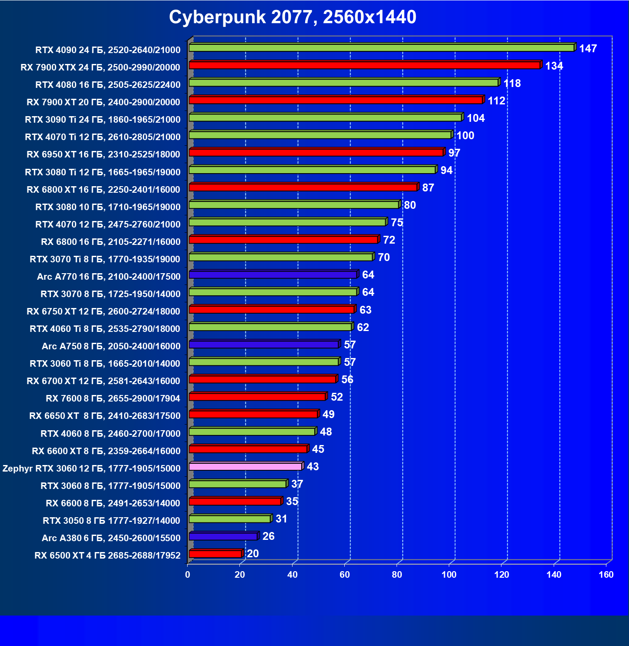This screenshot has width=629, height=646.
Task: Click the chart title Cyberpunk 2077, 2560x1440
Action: pos(293,17)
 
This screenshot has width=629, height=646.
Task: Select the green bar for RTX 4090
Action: pos(381,48)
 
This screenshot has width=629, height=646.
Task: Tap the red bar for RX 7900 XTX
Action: pos(364,65)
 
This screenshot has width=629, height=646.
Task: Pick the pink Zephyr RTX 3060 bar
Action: pos(246,467)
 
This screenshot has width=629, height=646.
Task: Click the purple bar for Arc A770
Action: pos(273,275)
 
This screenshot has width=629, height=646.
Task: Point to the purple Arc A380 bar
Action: pos(223,536)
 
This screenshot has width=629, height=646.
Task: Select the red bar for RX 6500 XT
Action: pos(215,554)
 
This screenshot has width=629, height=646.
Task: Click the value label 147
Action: pos(588,49)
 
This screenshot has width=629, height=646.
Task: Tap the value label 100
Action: pos(465,136)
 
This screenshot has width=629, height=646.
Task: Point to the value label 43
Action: pos(313,467)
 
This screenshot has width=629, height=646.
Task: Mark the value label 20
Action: pos(252,554)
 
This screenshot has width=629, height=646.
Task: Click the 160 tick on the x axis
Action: pos(606,575)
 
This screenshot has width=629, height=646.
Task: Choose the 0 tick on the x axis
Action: pos(188,575)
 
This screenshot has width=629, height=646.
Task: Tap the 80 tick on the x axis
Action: pos(397,575)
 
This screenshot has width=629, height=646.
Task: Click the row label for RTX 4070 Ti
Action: pos(103,137)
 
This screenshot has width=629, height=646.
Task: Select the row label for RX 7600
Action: pos(113,398)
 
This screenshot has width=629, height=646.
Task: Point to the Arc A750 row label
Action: pos(111,346)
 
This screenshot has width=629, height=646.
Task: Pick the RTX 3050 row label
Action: pos(111,521)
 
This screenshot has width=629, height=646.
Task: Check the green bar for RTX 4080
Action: pos(343,83)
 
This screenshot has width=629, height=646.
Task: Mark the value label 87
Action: pos(428,188)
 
